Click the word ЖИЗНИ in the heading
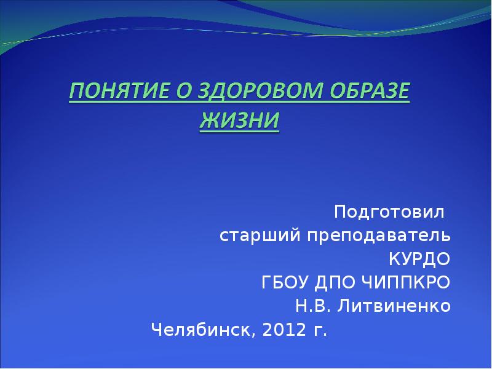pos(239,120)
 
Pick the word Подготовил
pos(389,212)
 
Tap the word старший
pos(260,236)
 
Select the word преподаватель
pos(379,236)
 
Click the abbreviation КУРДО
pos(419,259)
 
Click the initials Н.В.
pos(313,306)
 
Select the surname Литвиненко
pos(394,306)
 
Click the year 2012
pos(284,330)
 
